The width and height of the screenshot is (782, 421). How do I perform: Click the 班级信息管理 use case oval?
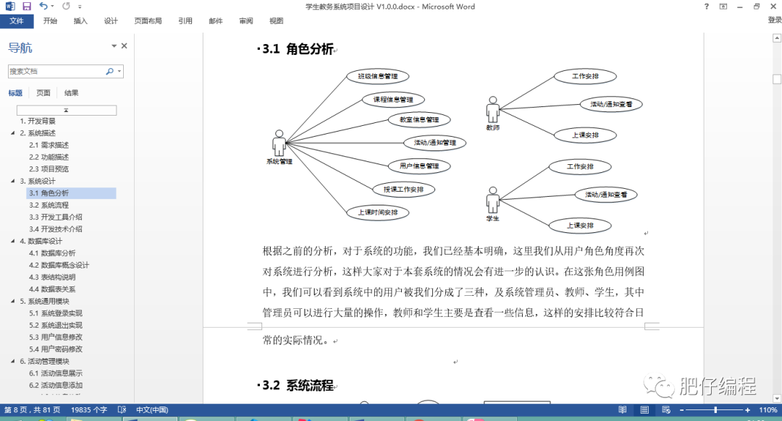point(377,76)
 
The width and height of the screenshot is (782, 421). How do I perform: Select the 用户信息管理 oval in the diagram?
point(419,166)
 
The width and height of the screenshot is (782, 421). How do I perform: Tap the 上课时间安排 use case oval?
point(377,213)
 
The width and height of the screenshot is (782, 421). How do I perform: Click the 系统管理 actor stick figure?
point(279,143)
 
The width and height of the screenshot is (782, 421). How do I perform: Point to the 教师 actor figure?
point(493,110)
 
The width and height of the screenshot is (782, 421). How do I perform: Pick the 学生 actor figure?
point(493,200)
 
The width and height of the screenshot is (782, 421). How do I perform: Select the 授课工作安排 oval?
point(404,190)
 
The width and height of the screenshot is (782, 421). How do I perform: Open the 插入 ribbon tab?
point(80,21)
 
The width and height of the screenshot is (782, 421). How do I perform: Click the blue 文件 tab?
point(16,21)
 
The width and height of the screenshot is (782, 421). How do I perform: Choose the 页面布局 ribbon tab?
point(148,21)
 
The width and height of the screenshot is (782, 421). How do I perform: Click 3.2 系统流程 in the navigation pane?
point(54,205)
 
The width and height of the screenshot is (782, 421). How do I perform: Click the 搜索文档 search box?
point(56,72)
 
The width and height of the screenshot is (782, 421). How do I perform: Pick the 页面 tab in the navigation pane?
point(43,93)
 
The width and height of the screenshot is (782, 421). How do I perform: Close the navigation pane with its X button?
point(124,46)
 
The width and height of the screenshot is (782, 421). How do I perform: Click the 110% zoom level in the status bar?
point(768,410)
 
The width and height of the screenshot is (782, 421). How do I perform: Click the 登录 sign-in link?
point(774,21)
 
